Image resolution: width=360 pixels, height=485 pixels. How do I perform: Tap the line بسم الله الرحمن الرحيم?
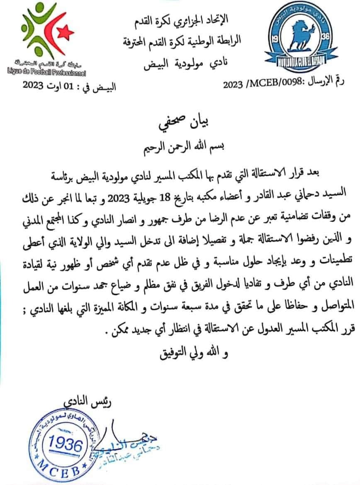180,145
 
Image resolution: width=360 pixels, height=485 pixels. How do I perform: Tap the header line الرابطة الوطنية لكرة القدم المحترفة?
185,41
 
